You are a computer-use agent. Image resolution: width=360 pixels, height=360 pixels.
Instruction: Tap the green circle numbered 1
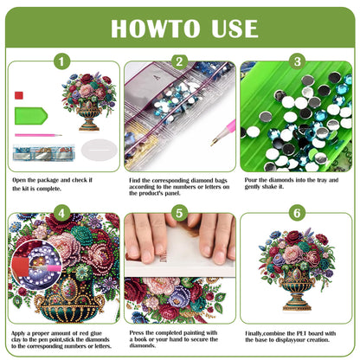tap(61, 62)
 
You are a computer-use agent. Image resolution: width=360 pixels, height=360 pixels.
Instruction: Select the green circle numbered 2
tap(179, 62)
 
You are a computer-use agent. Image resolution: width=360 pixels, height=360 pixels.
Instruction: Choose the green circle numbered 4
tap(61, 213)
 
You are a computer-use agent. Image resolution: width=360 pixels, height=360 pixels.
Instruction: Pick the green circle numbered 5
tap(179, 213)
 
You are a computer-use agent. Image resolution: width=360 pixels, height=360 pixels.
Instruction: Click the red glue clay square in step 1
tap(20, 93)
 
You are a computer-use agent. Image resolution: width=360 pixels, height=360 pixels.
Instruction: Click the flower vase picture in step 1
tap(89, 101)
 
